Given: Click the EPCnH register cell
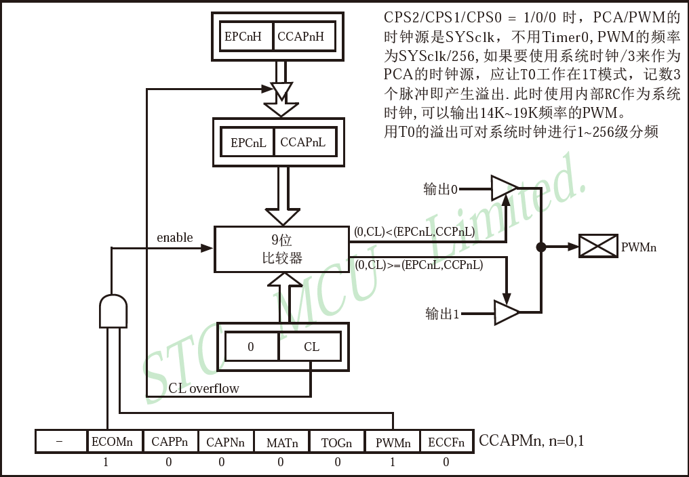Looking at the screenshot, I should click(x=243, y=37).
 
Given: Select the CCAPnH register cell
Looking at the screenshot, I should click(x=304, y=37).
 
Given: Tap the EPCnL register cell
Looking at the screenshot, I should click(x=248, y=143).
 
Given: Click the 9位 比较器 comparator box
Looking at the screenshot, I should click(x=282, y=249).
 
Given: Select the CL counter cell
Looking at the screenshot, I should click(x=311, y=347).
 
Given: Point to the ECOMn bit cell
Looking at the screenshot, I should click(x=113, y=442).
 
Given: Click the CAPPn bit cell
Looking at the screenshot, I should click(x=170, y=442).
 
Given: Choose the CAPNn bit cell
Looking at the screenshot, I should click(x=225, y=442).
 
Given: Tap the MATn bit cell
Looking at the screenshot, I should click(x=281, y=442).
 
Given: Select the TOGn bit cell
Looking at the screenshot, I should click(x=337, y=442).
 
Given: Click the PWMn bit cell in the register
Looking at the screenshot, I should click(x=393, y=442).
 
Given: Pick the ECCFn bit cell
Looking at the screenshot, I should click(x=446, y=442).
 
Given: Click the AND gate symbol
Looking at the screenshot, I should click(x=113, y=310).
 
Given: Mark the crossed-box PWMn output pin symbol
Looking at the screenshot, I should click(x=597, y=247).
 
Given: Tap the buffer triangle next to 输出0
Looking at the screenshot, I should click(x=504, y=188).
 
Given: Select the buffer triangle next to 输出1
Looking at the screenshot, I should click(x=506, y=312).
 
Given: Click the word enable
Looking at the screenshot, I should click(x=175, y=238).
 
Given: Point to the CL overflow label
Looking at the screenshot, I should click(x=203, y=388).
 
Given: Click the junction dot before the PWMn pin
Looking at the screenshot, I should click(x=540, y=247).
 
